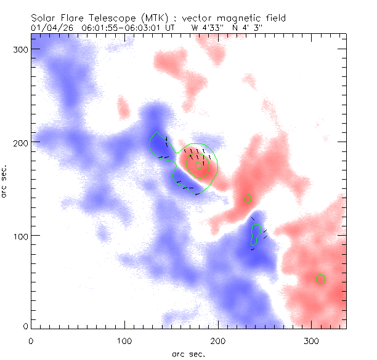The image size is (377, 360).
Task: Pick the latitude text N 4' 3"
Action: (249, 28)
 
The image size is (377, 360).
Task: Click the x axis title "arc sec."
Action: (188, 353)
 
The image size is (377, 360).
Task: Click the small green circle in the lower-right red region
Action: (320, 279)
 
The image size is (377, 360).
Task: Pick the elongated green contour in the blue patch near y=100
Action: (254, 234)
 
